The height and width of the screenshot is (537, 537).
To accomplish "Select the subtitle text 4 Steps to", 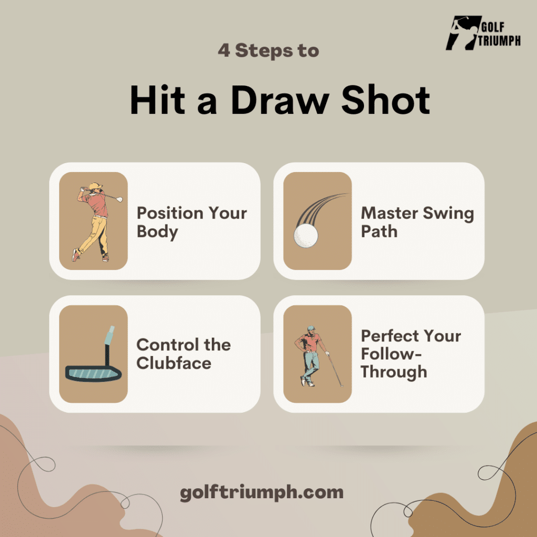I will (268, 51).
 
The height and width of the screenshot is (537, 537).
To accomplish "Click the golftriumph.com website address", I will (262, 492).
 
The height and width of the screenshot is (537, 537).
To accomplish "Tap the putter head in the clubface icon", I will (93, 372).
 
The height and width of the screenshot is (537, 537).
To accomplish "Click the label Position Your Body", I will (191, 222).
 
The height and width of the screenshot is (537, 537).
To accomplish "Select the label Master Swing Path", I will (417, 222).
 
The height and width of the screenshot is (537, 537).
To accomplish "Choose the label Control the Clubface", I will (184, 354).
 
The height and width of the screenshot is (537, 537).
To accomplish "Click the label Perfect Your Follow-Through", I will (411, 354).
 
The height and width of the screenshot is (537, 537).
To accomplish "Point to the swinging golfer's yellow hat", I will (94, 187).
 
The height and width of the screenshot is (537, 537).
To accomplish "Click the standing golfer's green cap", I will (312, 328).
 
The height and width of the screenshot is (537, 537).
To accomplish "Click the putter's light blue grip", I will (109, 335).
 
